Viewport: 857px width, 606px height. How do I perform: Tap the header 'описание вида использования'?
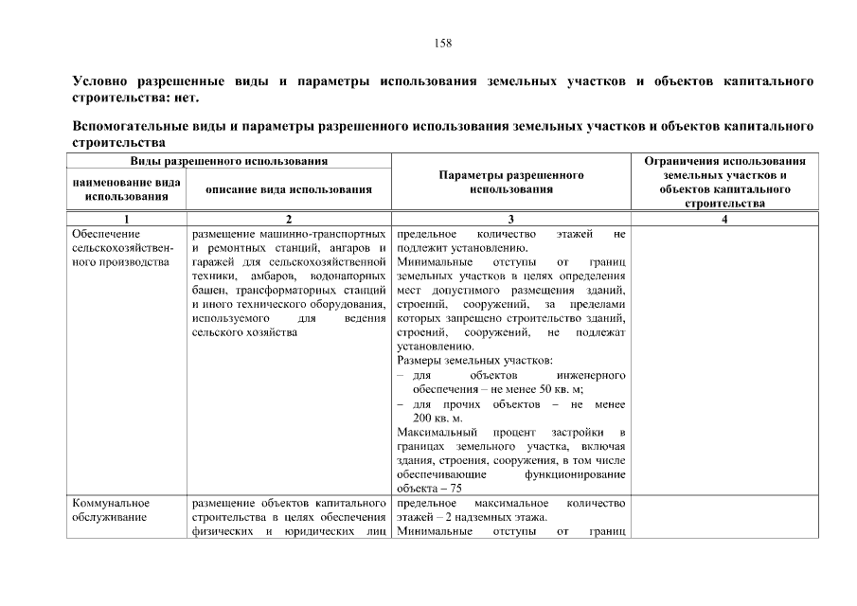pyautogui.click(x=289, y=189)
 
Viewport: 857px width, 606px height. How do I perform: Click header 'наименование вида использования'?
pyautogui.click(x=127, y=189)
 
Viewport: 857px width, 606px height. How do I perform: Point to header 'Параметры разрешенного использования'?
pyautogui.click(x=510, y=183)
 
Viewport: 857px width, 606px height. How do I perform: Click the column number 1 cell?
pyautogui.click(x=127, y=219)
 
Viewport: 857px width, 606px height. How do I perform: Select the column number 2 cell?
pyautogui.click(x=289, y=219)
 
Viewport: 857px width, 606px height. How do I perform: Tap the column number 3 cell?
pyautogui.click(x=510, y=219)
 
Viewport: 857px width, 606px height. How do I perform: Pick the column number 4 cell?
pyautogui.click(x=724, y=219)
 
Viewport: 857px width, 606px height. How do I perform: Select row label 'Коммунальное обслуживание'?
pyautogui.click(x=110, y=510)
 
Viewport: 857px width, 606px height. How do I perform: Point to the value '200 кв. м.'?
pyautogui.click(x=437, y=419)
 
